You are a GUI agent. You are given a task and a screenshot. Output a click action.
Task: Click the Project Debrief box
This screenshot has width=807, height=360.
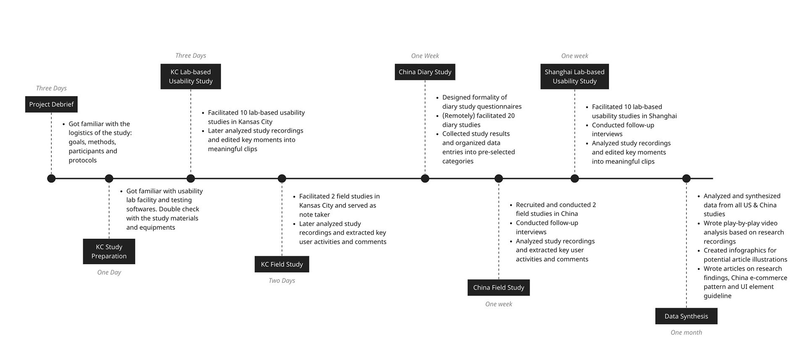point(51,104)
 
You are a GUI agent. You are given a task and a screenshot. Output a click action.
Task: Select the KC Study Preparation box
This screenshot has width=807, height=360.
point(109,251)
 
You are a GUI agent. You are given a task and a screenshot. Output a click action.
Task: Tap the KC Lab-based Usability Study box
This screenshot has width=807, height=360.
point(190,76)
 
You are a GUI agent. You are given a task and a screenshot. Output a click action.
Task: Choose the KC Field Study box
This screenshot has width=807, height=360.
point(282,264)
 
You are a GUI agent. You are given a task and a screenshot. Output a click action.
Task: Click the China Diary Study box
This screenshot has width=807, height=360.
point(425,72)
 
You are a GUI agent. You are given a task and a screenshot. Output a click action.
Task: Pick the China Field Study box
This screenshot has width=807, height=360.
point(498,287)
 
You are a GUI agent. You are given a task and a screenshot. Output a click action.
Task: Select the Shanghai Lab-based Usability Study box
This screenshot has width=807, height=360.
point(574,76)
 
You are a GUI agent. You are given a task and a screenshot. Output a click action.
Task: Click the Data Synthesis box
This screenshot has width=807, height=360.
point(686,316)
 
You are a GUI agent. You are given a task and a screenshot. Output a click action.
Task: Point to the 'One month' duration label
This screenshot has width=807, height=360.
point(686,332)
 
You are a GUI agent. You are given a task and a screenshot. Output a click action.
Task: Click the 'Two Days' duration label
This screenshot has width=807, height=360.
point(282,281)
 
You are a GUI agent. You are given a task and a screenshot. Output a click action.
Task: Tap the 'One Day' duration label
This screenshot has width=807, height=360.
point(109,272)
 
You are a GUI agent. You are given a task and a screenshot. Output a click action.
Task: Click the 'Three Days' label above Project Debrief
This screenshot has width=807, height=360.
point(51,88)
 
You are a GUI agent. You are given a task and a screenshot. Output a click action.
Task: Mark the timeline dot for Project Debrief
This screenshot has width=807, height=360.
point(51,179)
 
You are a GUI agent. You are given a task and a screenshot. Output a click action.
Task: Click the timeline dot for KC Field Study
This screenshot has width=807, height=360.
point(282,179)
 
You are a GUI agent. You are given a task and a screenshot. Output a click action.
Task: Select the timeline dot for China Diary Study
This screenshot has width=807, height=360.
point(425,179)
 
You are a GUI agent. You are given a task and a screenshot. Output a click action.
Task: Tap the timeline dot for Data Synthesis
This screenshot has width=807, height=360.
point(686,179)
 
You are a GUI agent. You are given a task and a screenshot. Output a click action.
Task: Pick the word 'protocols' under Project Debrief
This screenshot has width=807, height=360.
point(83,160)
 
